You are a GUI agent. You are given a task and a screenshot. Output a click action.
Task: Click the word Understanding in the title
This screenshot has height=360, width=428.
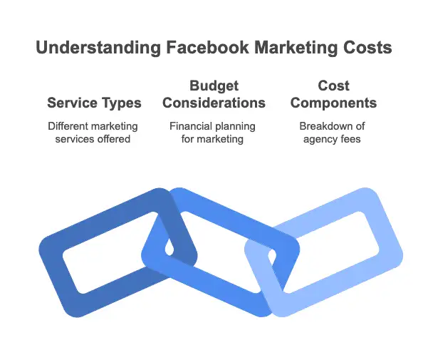98,48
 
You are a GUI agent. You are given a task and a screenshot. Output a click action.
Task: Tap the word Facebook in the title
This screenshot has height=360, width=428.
207,48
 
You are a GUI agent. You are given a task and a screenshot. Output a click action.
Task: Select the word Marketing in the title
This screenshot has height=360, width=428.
296,48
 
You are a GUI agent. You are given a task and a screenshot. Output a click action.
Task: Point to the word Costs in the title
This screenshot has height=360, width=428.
367,48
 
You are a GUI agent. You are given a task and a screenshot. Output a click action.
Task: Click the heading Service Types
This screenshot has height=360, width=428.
94,103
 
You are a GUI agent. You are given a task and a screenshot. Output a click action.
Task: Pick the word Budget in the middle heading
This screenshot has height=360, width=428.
214,86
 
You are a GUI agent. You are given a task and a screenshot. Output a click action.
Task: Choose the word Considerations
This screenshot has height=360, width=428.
214,103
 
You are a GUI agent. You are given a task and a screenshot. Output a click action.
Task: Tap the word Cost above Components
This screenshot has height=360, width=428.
333,86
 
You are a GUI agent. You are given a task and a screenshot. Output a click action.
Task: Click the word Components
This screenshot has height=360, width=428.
333,103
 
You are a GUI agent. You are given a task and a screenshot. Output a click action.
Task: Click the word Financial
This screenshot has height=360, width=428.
191,126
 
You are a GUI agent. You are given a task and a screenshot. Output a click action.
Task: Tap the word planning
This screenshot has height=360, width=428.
235,127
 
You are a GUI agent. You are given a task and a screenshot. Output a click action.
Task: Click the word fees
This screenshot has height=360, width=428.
351,139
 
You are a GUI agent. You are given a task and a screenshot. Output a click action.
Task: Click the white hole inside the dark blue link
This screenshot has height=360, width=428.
109,252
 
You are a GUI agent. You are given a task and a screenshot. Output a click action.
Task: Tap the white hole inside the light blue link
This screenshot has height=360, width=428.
331,252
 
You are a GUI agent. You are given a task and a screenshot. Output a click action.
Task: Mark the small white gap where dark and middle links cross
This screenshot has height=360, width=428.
169,248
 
